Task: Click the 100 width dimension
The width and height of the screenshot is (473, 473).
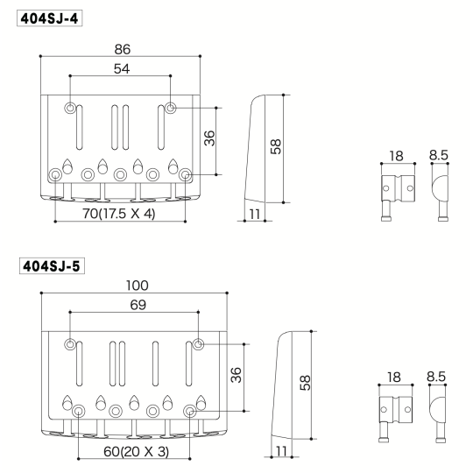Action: [137, 286]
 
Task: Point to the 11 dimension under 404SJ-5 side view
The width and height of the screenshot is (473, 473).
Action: [279, 450]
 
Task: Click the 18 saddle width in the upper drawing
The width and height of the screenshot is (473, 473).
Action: [395, 155]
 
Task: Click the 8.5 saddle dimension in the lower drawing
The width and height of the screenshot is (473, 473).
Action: [437, 377]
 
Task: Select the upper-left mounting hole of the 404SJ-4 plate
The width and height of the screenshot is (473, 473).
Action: [70, 109]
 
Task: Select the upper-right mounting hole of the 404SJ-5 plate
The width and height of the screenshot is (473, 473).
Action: [200, 342]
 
